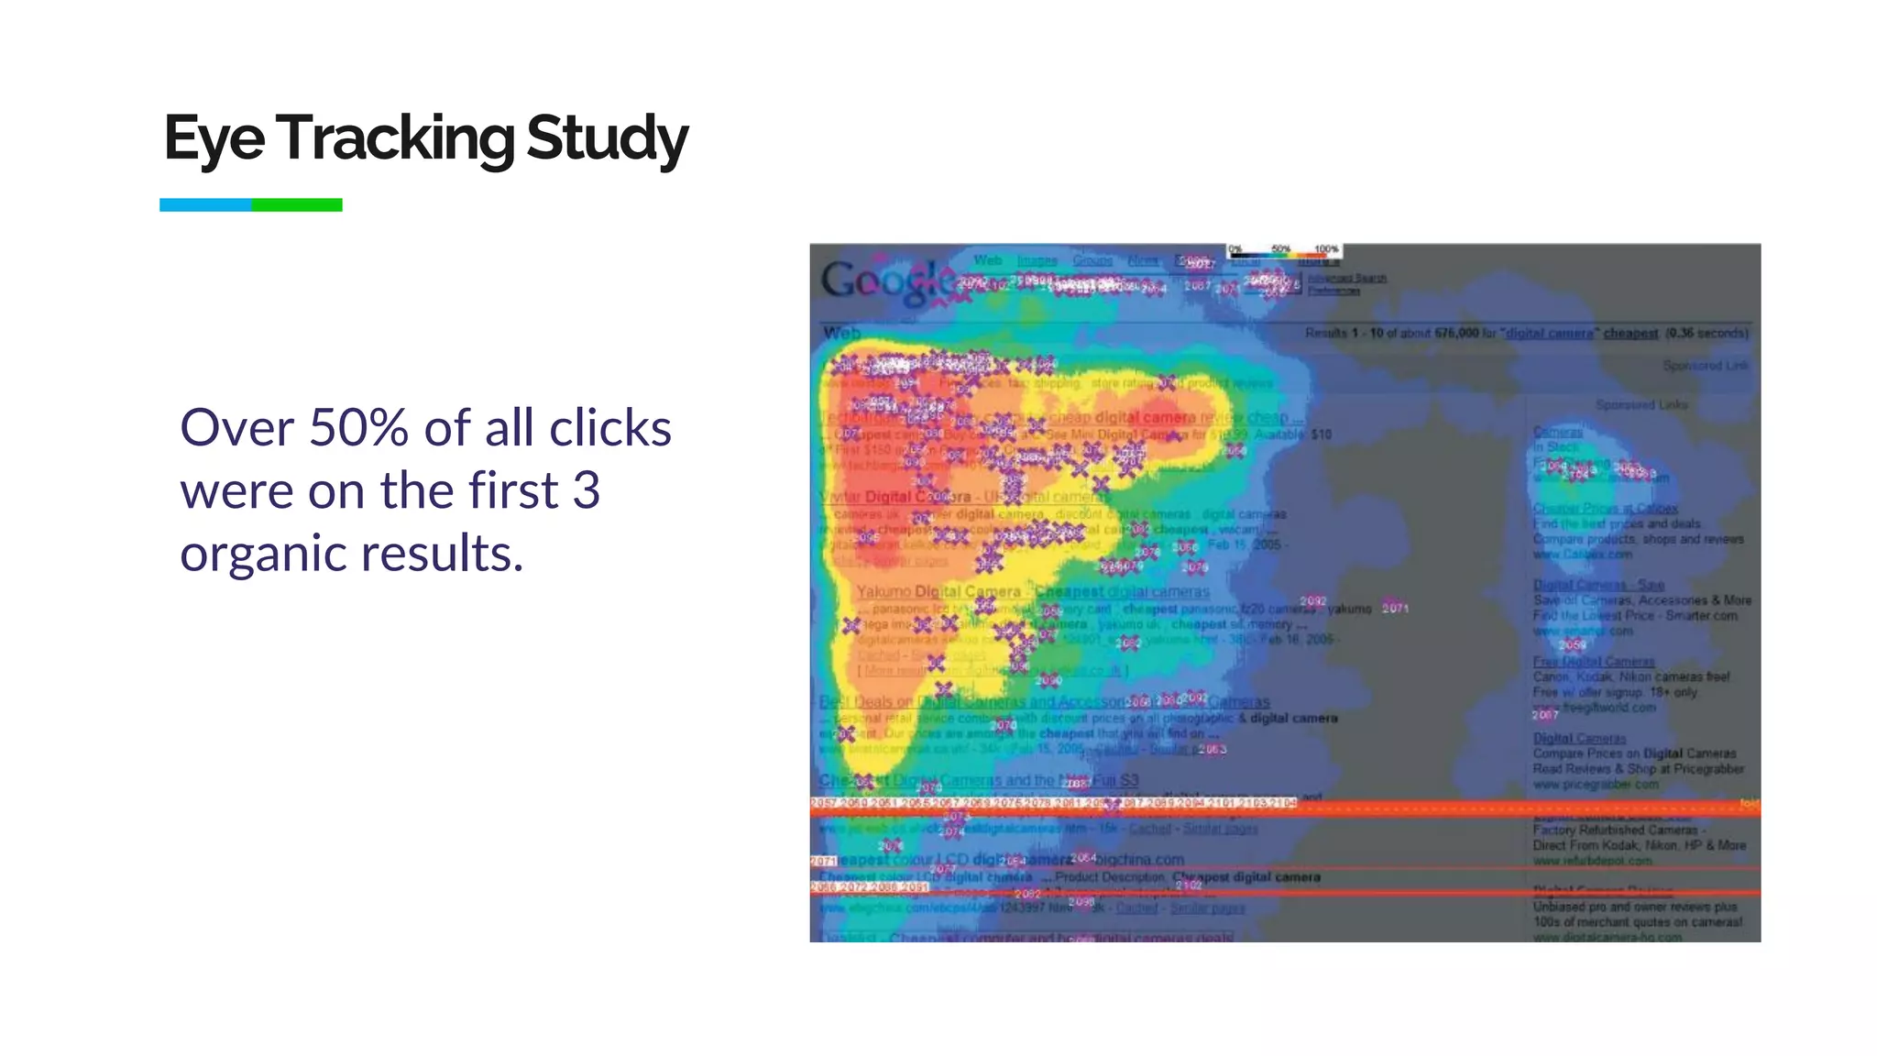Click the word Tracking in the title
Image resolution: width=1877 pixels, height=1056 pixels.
(394, 138)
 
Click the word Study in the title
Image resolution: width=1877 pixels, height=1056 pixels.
(607, 138)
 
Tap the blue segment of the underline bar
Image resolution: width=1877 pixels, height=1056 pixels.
(205, 205)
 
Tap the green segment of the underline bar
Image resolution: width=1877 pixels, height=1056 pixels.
(297, 205)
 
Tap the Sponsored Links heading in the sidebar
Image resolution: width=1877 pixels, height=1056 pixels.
(1641, 404)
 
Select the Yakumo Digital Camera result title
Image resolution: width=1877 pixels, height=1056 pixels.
(938, 591)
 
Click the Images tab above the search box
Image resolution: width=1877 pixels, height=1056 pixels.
(1037, 261)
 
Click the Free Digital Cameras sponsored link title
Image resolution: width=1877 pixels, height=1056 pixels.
(1593, 661)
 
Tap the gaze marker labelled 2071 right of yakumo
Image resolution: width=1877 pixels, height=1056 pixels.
(1395, 608)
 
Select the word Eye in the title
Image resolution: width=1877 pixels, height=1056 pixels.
(214, 138)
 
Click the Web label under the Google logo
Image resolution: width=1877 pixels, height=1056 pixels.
(841, 333)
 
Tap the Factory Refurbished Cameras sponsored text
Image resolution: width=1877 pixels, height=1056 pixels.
(1619, 830)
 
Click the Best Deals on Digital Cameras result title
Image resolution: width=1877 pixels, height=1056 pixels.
(971, 702)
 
